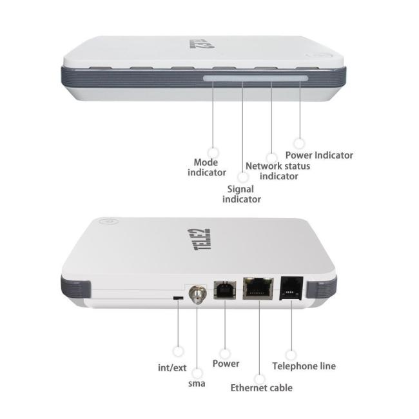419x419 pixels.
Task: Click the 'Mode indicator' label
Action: pos(207,168)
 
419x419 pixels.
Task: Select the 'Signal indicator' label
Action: pos(242,194)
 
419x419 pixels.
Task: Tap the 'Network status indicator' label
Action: pos(278,171)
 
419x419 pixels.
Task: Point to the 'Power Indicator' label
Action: pos(319,155)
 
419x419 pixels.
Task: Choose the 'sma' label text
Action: pos(197,384)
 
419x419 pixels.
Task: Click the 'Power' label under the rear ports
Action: pos(226,364)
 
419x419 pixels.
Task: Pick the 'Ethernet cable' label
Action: pos(261,388)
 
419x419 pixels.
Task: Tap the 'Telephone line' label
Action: pos(304,366)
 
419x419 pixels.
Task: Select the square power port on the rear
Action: pos(224,291)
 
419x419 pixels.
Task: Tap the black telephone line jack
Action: pos(290,287)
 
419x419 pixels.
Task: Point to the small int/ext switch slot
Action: pos(177,297)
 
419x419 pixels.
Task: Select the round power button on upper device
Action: pos(316,57)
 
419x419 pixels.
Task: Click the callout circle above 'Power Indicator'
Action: pos(298,141)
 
